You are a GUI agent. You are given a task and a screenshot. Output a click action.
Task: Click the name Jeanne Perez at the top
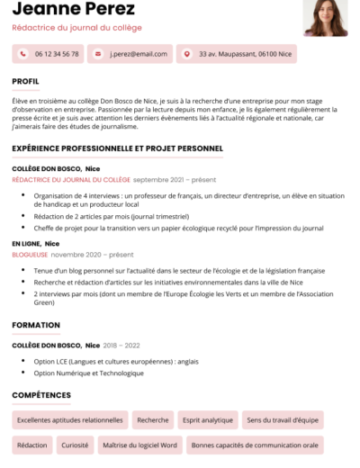pyautogui.click(x=74, y=10)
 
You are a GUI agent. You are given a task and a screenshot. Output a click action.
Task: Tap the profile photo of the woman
pyautogui.click(x=326, y=17)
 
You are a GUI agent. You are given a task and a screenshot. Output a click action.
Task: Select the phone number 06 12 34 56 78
pyautogui.click(x=57, y=54)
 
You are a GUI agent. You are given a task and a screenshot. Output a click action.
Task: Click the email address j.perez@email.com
pyautogui.click(x=131, y=54)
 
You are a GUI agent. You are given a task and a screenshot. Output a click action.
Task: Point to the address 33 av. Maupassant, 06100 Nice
pyautogui.click(x=245, y=54)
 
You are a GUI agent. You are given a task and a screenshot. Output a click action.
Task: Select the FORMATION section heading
pyautogui.click(x=37, y=325)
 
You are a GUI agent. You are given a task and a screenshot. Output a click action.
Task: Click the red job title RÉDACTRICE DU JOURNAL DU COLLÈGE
pyautogui.click(x=70, y=179)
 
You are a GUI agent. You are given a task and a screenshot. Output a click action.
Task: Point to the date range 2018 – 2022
pyautogui.click(x=121, y=345)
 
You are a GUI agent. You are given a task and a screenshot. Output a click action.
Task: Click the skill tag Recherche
pyautogui.click(x=153, y=419)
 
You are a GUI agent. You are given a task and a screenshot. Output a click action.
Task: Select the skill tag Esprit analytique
pyautogui.click(x=207, y=419)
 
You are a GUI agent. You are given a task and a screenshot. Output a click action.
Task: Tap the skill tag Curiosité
pyautogui.click(x=75, y=445)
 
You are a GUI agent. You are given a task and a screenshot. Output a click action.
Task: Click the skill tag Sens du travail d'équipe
pyautogui.click(x=282, y=419)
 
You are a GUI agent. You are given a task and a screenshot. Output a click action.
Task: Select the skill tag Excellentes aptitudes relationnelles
pyautogui.click(x=69, y=419)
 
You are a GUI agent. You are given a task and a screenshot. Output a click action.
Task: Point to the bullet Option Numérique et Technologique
pyautogui.click(x=88, y=372)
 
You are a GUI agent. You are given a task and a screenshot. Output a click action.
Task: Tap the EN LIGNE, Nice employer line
pyautogui.click(x=35, y=243)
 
